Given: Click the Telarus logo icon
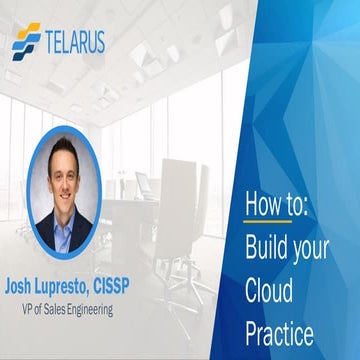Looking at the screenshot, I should tap(27, 42).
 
